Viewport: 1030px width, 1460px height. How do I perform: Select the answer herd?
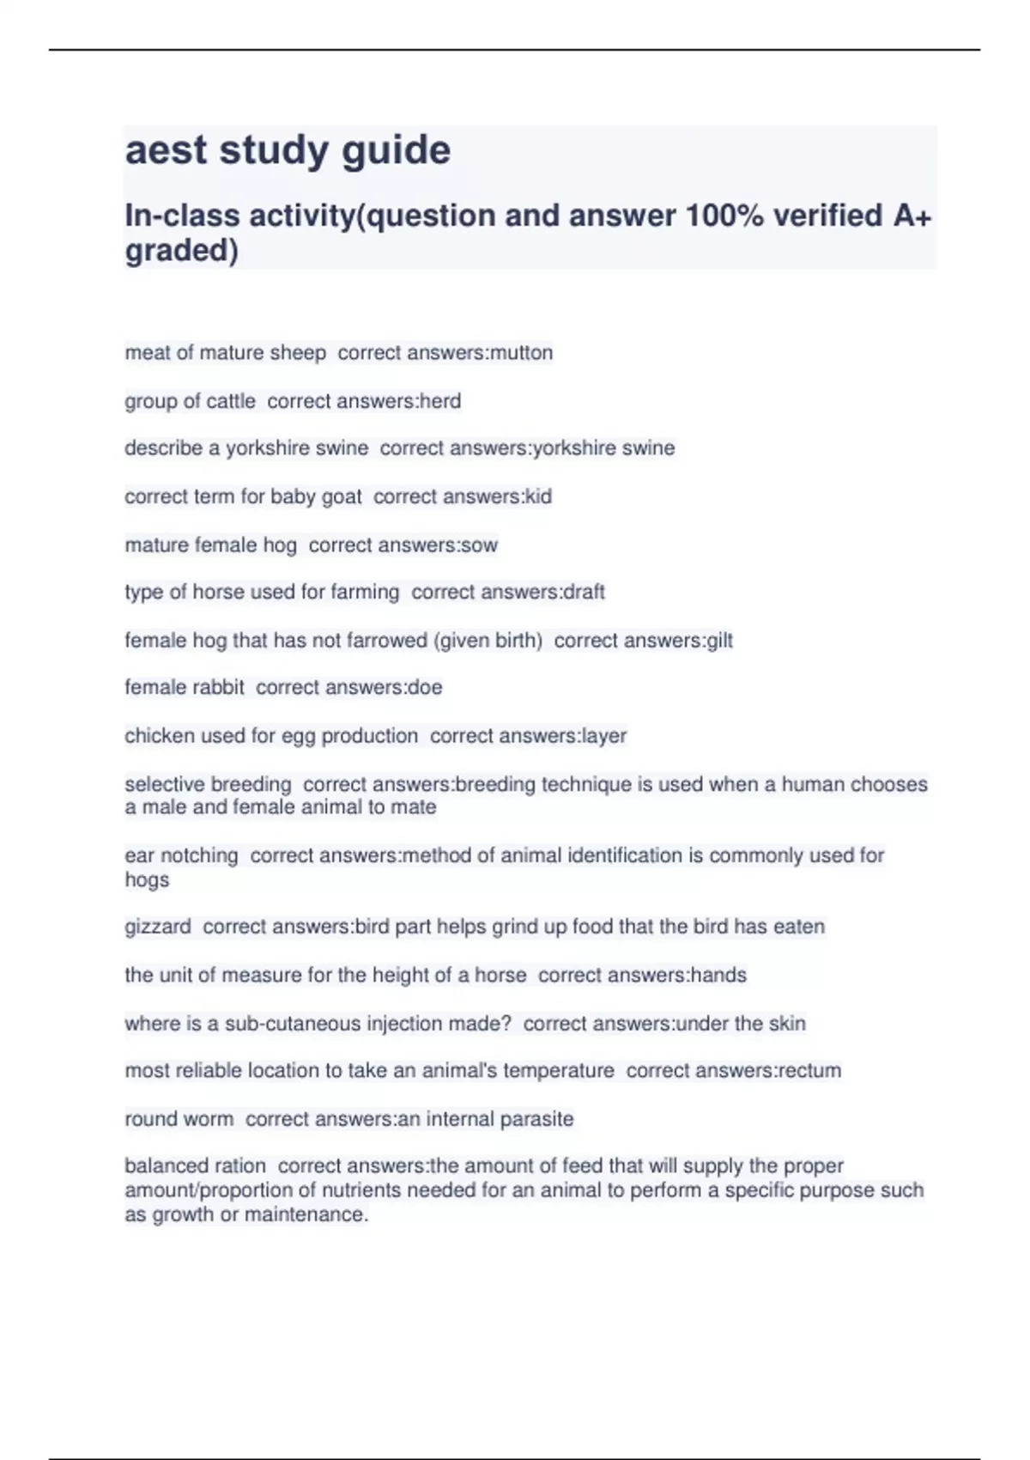tap(440, 401)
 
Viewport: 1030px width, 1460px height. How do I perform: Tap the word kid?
tap(538, 496)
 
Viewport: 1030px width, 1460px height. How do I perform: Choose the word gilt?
tap(719, 641)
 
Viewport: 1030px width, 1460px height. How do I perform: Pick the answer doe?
tap(426, 687)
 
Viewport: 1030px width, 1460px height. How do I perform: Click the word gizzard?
tap(158, 928)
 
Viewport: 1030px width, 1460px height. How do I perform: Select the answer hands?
tap(718, 976)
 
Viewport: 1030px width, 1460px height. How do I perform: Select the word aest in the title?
tap(167, 150)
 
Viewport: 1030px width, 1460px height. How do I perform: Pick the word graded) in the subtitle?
tap(181, 252)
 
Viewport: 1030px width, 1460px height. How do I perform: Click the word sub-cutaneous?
tap(293, 1024)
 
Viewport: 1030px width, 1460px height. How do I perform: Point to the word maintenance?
tap(306, 1215)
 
